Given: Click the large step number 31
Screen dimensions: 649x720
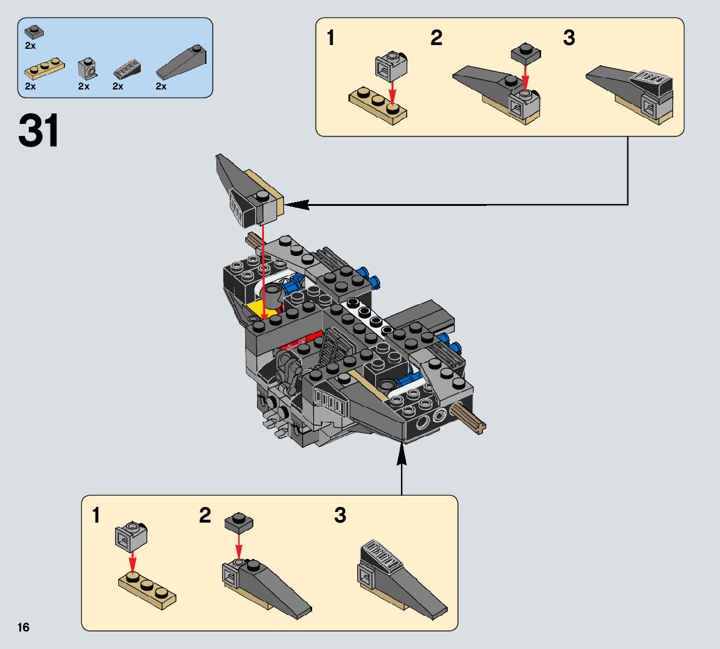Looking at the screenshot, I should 39,131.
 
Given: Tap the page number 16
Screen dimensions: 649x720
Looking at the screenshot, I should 24,627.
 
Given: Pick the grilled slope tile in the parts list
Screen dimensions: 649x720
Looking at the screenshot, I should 128,69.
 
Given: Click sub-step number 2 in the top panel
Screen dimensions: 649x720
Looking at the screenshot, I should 436,38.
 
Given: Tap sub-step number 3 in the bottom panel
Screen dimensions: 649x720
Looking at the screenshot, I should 340,516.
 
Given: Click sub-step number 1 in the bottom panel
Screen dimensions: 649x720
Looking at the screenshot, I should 96,516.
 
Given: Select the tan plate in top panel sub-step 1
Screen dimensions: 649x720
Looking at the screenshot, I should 377,107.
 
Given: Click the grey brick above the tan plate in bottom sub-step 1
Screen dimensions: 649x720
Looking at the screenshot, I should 131,536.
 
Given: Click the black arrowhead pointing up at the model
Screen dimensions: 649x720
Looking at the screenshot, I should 402,454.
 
